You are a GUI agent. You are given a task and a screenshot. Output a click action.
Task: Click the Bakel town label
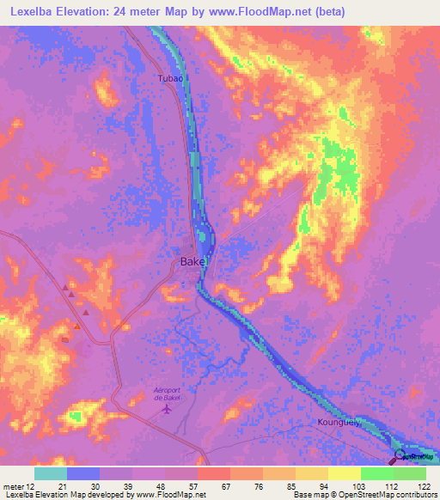point(192,262)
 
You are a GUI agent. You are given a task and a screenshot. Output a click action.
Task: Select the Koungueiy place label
point(338,424)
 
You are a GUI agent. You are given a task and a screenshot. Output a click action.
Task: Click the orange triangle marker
point(77,325)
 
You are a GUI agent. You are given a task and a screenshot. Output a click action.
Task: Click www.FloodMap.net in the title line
point(307,10)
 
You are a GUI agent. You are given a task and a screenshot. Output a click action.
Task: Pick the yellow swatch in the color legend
point(344,473)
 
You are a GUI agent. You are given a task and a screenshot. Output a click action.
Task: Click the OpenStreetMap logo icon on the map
point(400,455)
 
